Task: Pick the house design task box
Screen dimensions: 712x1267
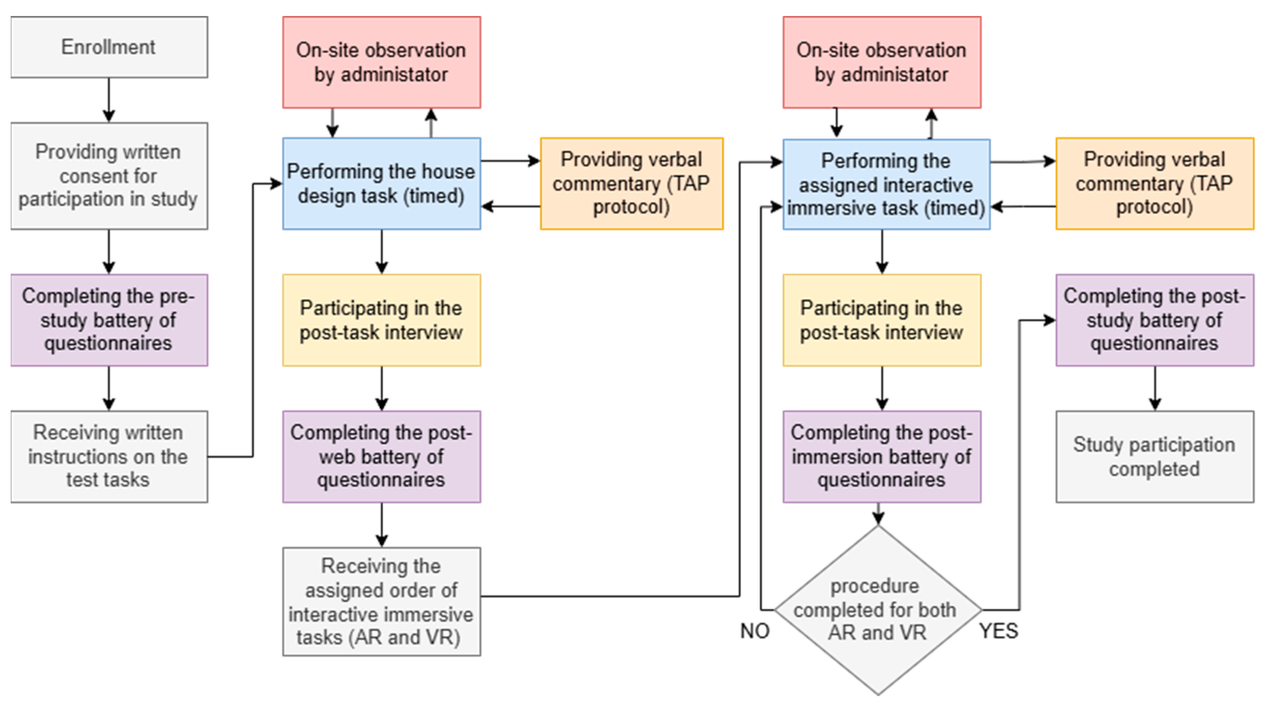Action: pos(381,183)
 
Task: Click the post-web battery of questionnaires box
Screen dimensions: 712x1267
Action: pos(381,456)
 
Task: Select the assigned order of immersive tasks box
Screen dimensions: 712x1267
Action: pos(381,601)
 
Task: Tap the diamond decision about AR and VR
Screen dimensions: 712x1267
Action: pos(878,610)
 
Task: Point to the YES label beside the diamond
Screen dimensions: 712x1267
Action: pos(999,631)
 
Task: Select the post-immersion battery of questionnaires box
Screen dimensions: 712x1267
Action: pos(881,456)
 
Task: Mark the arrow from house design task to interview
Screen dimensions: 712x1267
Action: pos(382,251)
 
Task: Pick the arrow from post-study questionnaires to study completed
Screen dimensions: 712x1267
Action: pos(1155,388)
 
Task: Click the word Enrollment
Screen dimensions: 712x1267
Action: pos(108,47)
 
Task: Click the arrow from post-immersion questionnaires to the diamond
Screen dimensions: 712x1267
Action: pos(878,514)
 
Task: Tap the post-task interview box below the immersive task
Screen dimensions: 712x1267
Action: pos(881,320)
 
